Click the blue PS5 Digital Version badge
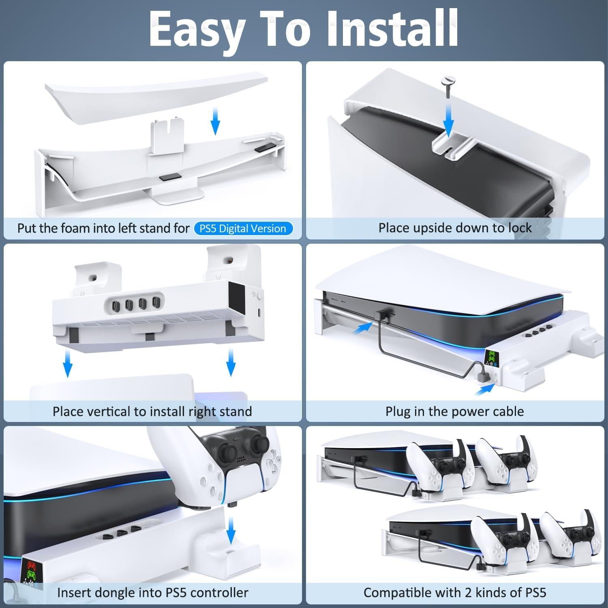(x=243, y=229)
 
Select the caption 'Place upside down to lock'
(x=455, y=228)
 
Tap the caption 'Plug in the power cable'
(x=454, y=411)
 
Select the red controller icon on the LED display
(x=30, y=565)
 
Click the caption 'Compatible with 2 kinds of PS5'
(x=455, y=593)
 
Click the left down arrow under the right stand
(x=68, y=363)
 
